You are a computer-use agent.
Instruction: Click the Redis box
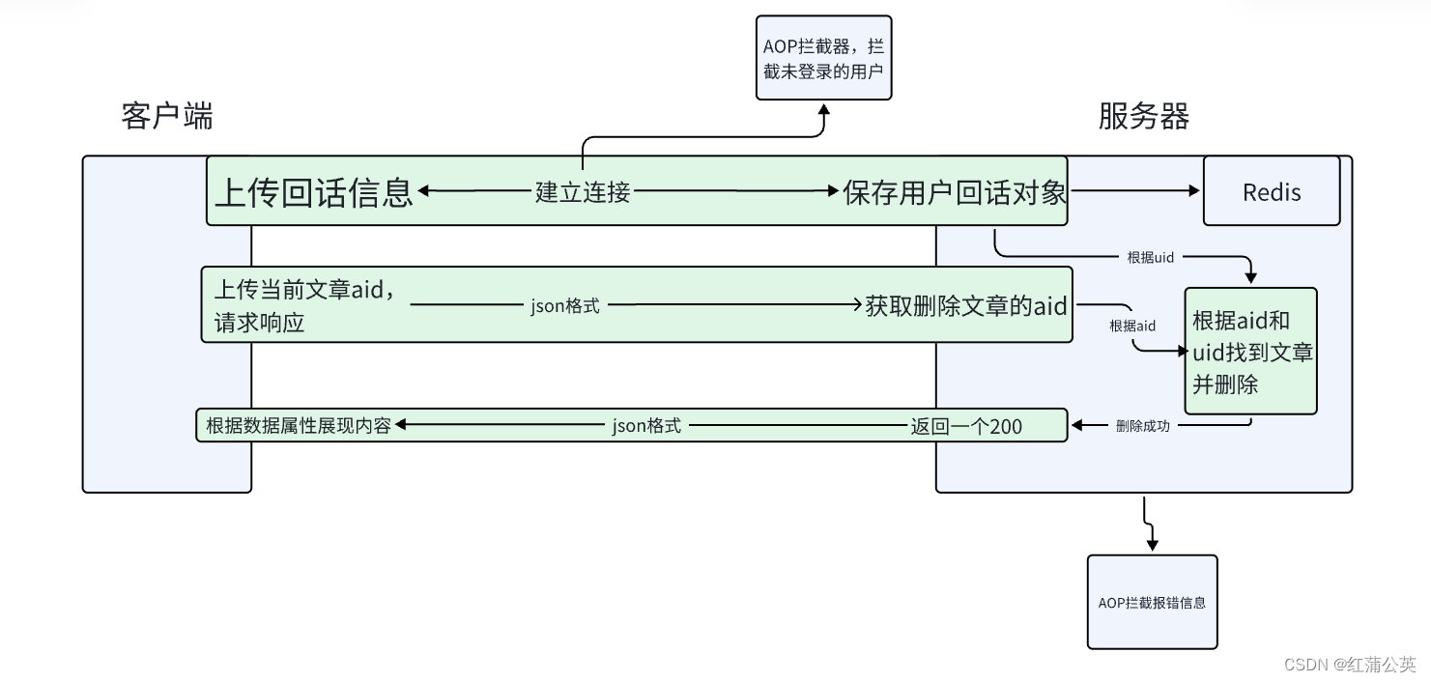1271,191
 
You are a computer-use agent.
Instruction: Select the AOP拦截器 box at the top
823,58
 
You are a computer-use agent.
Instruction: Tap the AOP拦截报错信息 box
1152,602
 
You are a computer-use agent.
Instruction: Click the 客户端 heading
167,116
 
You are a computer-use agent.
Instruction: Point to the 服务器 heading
1143,116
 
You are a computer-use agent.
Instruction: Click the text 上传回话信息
313,192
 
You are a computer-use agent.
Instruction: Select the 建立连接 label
583,192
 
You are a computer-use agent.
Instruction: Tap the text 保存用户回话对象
954,192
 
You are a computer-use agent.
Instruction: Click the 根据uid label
1150,258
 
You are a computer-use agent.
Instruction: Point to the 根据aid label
1131,326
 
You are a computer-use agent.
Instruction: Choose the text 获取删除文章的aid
966,306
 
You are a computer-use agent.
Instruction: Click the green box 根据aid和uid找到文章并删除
1251,352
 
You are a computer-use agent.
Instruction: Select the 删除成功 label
1142,425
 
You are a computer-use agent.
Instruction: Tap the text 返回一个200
965,426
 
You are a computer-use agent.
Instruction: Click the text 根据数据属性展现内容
299,425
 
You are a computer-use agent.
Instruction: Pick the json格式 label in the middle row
565,306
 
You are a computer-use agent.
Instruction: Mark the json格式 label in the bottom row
646,426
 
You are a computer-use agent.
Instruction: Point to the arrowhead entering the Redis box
1196,191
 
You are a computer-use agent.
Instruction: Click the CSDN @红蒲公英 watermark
1350,665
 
